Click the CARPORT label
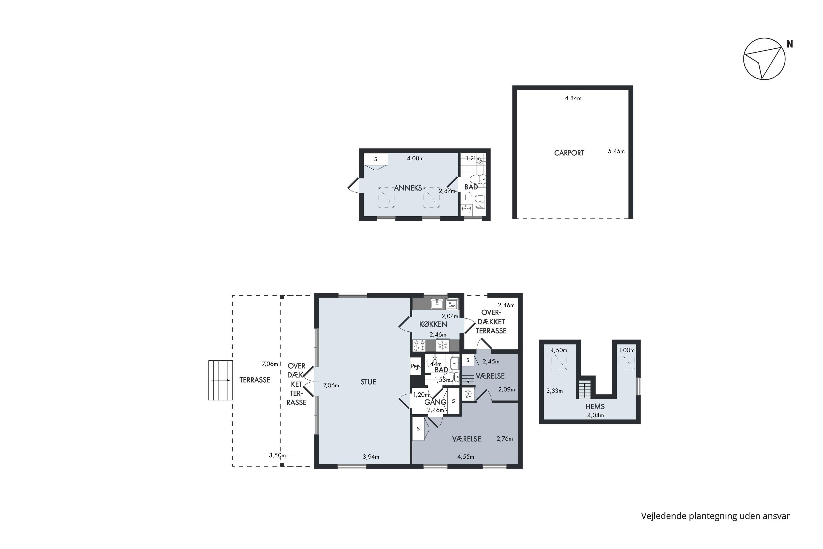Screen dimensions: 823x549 pyautogui.click(x=569, y=153)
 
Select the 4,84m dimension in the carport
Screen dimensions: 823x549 pyautogui.click(x=573, y=98)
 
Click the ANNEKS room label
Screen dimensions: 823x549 pyautogui.click(x=408, y=188)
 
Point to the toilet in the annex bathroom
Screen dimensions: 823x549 pyautogui.click(x=478, y=179)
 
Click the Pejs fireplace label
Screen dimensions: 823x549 pyautogui.click(x=415, y=366)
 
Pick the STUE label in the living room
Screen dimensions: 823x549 pyautogui.click(x=368, y=382)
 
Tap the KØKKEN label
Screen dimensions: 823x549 pyautogui.click(x=433, y=324)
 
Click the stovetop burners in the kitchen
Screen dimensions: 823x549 pyautogui.click(x=419, y=345)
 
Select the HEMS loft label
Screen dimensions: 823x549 pyautogui.click(x=595, y=407)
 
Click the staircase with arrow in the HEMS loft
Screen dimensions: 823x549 pyautogui.click(x=584, y=389)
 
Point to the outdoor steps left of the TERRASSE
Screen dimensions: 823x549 pyautogui.click(x=221, y=380)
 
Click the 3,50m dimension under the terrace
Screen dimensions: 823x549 pyautogui.click(x=277, y=455)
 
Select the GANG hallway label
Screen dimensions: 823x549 pyautogui.click(x=435, y=402)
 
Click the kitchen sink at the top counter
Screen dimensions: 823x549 pyautogui.click(x=437, y=304)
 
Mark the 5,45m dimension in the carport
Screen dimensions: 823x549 pyautogui.click(x=616, y=151)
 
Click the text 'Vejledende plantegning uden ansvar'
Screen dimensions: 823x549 pyautogui.click(x=715, y=516)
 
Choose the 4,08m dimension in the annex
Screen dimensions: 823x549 pyautogui.click(x=415, y=158)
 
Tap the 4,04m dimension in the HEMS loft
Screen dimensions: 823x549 pyautogui.click(x=596, y=416)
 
